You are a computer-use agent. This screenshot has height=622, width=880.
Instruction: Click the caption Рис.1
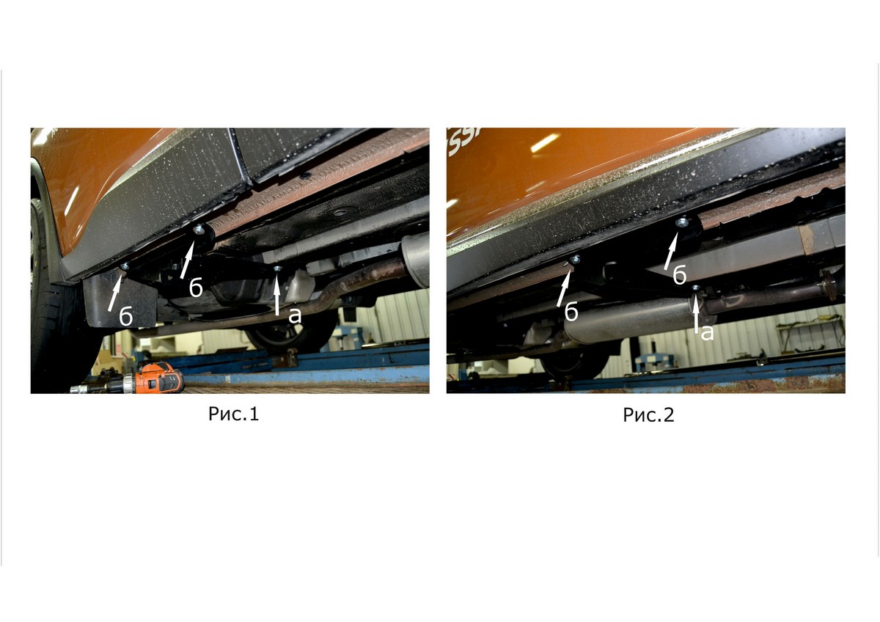click(x=234, y=414)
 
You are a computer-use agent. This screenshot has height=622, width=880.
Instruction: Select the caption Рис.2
click(x=648, y=415)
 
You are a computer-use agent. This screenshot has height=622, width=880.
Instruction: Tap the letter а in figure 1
click(x=295, y=315)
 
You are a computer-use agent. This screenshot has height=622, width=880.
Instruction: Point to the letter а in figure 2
click(x=707, y=333)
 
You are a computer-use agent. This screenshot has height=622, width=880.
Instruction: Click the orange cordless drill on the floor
click(x=130, y=379)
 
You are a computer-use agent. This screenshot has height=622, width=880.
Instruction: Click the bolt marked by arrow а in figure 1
click(x=278, y=268)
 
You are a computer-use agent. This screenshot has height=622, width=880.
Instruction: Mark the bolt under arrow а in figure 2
click(x=696, y=288)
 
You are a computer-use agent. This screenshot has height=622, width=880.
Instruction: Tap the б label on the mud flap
click(x=125, y=316)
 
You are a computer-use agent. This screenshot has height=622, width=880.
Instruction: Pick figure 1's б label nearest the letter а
click(x=196, y=288)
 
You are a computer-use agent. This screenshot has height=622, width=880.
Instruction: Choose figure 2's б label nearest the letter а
click(x=680, y=274)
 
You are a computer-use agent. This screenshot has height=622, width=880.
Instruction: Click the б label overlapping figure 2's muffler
click(x=571, y=312)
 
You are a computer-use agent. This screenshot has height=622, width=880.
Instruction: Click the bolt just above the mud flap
click(x=125, y=266)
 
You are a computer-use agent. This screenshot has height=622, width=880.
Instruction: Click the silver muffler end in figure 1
click(x=415, y=260)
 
